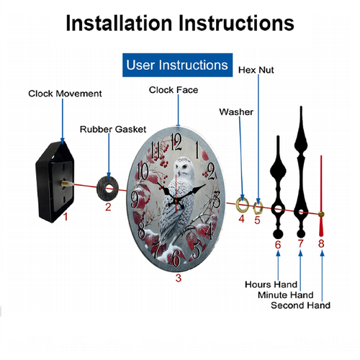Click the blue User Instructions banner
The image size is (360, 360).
click(x=177, y=65)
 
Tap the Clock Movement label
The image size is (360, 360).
click(x=65, y=94)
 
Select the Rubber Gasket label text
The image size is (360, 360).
click(x=113, y=130)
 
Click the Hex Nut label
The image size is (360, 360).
click(x=256, y=70)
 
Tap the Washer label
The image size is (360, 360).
click(x=236, y=112)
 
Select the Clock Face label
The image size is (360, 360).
click(x=174, y=90)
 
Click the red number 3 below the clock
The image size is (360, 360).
click(x=178, y=278)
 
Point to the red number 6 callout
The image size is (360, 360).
click(x=278, y=245)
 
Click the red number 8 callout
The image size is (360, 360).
click(x=321, y=243)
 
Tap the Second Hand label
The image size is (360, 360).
click(x=300, y=305)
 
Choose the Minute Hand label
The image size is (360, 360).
click(x=286, y=295)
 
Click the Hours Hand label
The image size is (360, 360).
click(x=271, y=284)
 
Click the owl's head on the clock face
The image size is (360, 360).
click(x=183, y=166)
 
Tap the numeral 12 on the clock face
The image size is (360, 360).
click(x=176, y=142)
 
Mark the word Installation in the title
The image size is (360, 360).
click(x=119, y=23)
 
